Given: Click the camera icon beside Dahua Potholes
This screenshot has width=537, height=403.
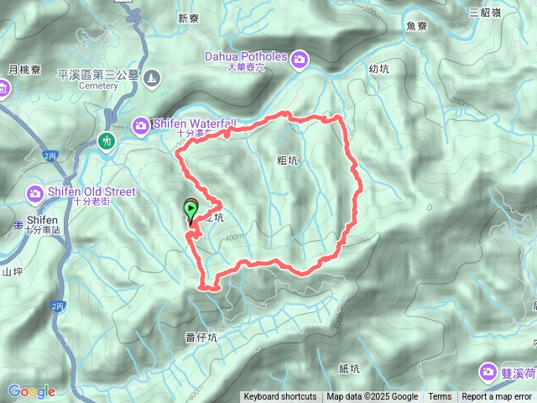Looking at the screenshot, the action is (x=299, y=59).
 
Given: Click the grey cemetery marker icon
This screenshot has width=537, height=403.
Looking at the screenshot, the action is (x=150, y=79).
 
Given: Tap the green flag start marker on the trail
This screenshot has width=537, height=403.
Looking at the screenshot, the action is (x=191, y=207).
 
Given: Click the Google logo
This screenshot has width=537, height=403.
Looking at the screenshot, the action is (x=31, y=391).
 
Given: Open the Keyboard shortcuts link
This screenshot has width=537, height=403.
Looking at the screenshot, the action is (x=280, y=397).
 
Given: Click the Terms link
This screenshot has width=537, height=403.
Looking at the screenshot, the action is (x=440, y=397).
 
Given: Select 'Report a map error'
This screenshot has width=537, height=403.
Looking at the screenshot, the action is (x=497, y=397).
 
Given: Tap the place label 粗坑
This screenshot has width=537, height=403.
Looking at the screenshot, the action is (x=287, y=157).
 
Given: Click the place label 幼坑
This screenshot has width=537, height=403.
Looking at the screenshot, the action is (x=379, y=70).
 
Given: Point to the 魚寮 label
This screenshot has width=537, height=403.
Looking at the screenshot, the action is (x=416, y=26).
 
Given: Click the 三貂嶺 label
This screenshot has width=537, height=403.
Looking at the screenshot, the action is (x=484, y=12).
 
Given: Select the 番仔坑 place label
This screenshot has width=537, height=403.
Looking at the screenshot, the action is (x=201, y=338).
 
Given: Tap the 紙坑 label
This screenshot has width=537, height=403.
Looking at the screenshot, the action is (x=349, y=368).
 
